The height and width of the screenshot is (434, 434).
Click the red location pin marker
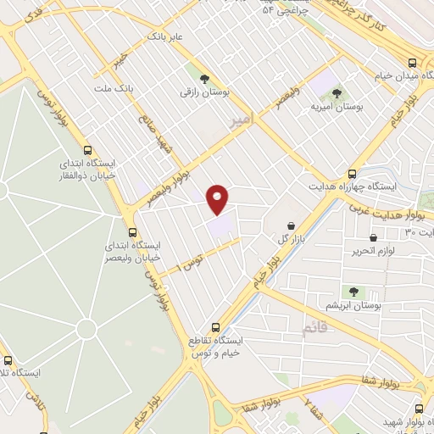click(218, 198)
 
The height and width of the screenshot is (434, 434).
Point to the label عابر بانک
click(165, 38)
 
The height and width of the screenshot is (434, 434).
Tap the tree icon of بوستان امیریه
click(337, 92)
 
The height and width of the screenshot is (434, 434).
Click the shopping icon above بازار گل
click(292, 226)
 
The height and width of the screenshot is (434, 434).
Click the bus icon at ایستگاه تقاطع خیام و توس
click(215, 325)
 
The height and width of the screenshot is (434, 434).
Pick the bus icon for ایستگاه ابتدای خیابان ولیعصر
click(131, 231)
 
